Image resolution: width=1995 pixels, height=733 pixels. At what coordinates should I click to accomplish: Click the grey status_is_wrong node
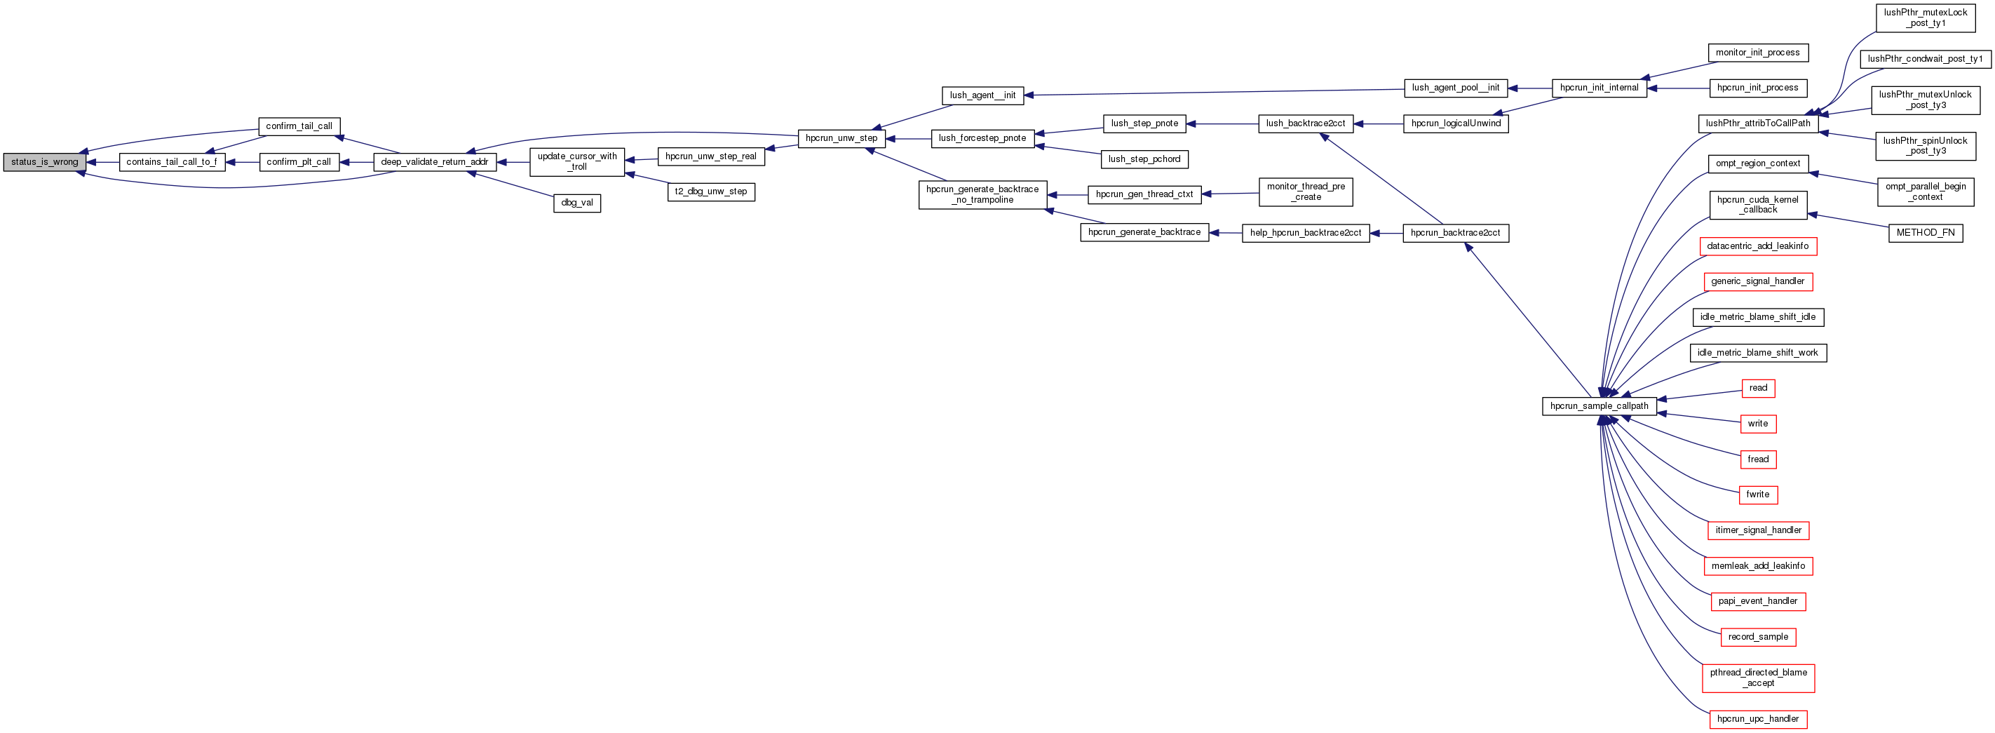pyautogui.click(x=45, y=162)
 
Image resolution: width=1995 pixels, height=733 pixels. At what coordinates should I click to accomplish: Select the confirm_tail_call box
pyautogui.click(x=299, y=126)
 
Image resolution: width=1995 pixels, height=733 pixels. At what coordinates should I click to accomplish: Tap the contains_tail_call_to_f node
pyautogui.click(x=172, y=162)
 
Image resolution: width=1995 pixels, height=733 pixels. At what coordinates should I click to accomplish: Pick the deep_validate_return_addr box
pyautogui.click(x=435, y=162)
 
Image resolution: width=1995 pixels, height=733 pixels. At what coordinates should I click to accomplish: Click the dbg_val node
pyautogui.click(x=577, y=203)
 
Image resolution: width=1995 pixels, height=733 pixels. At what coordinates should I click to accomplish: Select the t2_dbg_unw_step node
pyautogui.click(x=710, y=191)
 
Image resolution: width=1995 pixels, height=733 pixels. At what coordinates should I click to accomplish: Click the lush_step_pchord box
pyautogui.click(x=1144, y=159)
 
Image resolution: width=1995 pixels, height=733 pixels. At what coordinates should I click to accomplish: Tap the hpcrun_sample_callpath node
pyautogui.click(x=1600, y=406)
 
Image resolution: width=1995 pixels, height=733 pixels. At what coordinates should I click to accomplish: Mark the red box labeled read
pyautogui.click(x=1758, y=388)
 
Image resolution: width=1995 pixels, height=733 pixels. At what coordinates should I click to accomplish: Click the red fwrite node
pyautogui.click(x=1757, y=495)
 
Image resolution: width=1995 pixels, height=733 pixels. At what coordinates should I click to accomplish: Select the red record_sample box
pyautogui.click(x=1758, y=637)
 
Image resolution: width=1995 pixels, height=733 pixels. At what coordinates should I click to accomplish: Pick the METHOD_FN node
pyautogui.click(x=1926, y=232)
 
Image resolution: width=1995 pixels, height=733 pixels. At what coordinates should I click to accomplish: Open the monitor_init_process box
pyautogui.click(x=1757, y=53)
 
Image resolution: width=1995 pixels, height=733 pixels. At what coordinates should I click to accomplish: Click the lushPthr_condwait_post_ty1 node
pyautogui.click(x=1926, y=59)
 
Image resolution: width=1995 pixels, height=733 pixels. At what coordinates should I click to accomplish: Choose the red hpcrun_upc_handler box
pyautogui.click(x=1757, y=719)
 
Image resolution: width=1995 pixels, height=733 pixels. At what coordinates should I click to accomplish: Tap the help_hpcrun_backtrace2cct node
pyautogui.click(x=1305, y=232)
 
